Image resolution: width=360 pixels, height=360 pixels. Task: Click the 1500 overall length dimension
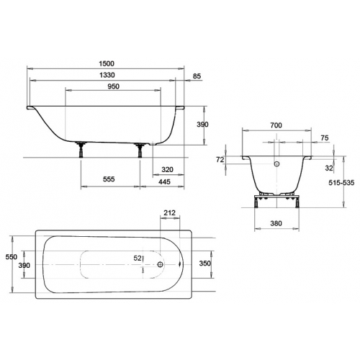[107, 63]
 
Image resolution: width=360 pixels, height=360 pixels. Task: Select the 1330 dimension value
[107, 75]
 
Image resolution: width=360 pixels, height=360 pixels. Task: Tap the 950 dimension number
[113, 86]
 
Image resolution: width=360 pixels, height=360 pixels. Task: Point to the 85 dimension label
[197, 76]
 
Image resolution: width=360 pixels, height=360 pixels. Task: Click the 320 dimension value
[167, 170]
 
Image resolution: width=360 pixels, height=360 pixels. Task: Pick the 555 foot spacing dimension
[109, 179]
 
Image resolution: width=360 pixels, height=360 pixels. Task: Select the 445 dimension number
[164, 181]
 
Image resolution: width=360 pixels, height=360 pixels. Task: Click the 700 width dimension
[276, 125]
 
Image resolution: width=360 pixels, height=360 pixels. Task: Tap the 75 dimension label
[324, 138]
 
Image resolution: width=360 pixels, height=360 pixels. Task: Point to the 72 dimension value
[220, 160]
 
